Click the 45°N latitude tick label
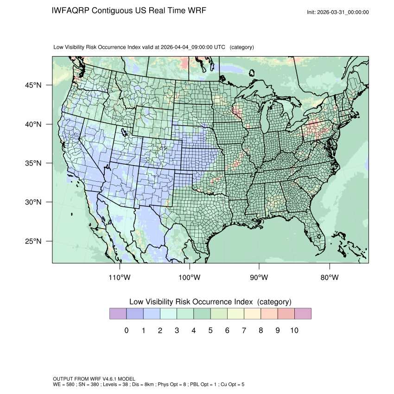[x=33, y=85]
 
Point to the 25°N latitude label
[x=33, y=241]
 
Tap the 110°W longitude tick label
[x=120, y=278]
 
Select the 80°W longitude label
[x=330, y=278]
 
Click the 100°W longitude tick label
[x=190, y=278]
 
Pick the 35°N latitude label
[x=33, y=163]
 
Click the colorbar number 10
[x=294, y=330]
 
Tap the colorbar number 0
[x=126, y=330]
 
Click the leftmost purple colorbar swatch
[x=118, y=314]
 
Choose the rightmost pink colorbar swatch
[x=303, y=314]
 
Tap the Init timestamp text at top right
[x=338, y=13]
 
